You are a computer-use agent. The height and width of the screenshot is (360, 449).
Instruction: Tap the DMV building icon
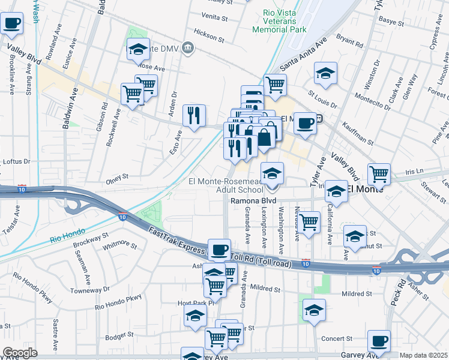click(x=188, y=47)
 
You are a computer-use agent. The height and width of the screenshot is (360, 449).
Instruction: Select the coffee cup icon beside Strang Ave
click(x=12, y=24)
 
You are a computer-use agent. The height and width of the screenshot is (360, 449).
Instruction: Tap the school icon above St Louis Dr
click(x=325, y=73)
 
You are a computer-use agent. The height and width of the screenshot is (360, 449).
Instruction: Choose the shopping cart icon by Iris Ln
click(x=379, y=174)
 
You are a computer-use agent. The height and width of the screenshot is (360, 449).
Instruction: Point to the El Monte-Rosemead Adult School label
click(x=226, y=185)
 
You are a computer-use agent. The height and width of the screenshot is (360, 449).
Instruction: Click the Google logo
click(x=20, y=353)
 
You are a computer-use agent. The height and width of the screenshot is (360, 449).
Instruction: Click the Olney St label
click(x=117, y=178)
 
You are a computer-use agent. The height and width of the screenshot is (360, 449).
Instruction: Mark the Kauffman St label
click(x=357, y=135)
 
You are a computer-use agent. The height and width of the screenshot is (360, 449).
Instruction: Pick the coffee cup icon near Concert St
click(x=379, y=341)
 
